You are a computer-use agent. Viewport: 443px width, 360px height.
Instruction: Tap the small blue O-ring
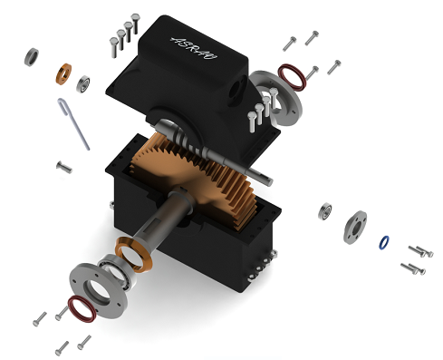384,242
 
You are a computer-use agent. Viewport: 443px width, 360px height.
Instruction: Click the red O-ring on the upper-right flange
292,77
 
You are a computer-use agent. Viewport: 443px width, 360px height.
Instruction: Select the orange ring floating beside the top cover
65,72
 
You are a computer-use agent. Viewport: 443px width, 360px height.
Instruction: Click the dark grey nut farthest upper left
32,56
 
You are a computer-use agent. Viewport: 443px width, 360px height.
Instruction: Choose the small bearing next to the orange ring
84,83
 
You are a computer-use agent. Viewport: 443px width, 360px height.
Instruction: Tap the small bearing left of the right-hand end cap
325,212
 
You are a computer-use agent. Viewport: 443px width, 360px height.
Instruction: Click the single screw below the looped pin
63,166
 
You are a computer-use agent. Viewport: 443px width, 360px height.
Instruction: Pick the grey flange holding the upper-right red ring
274,98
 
